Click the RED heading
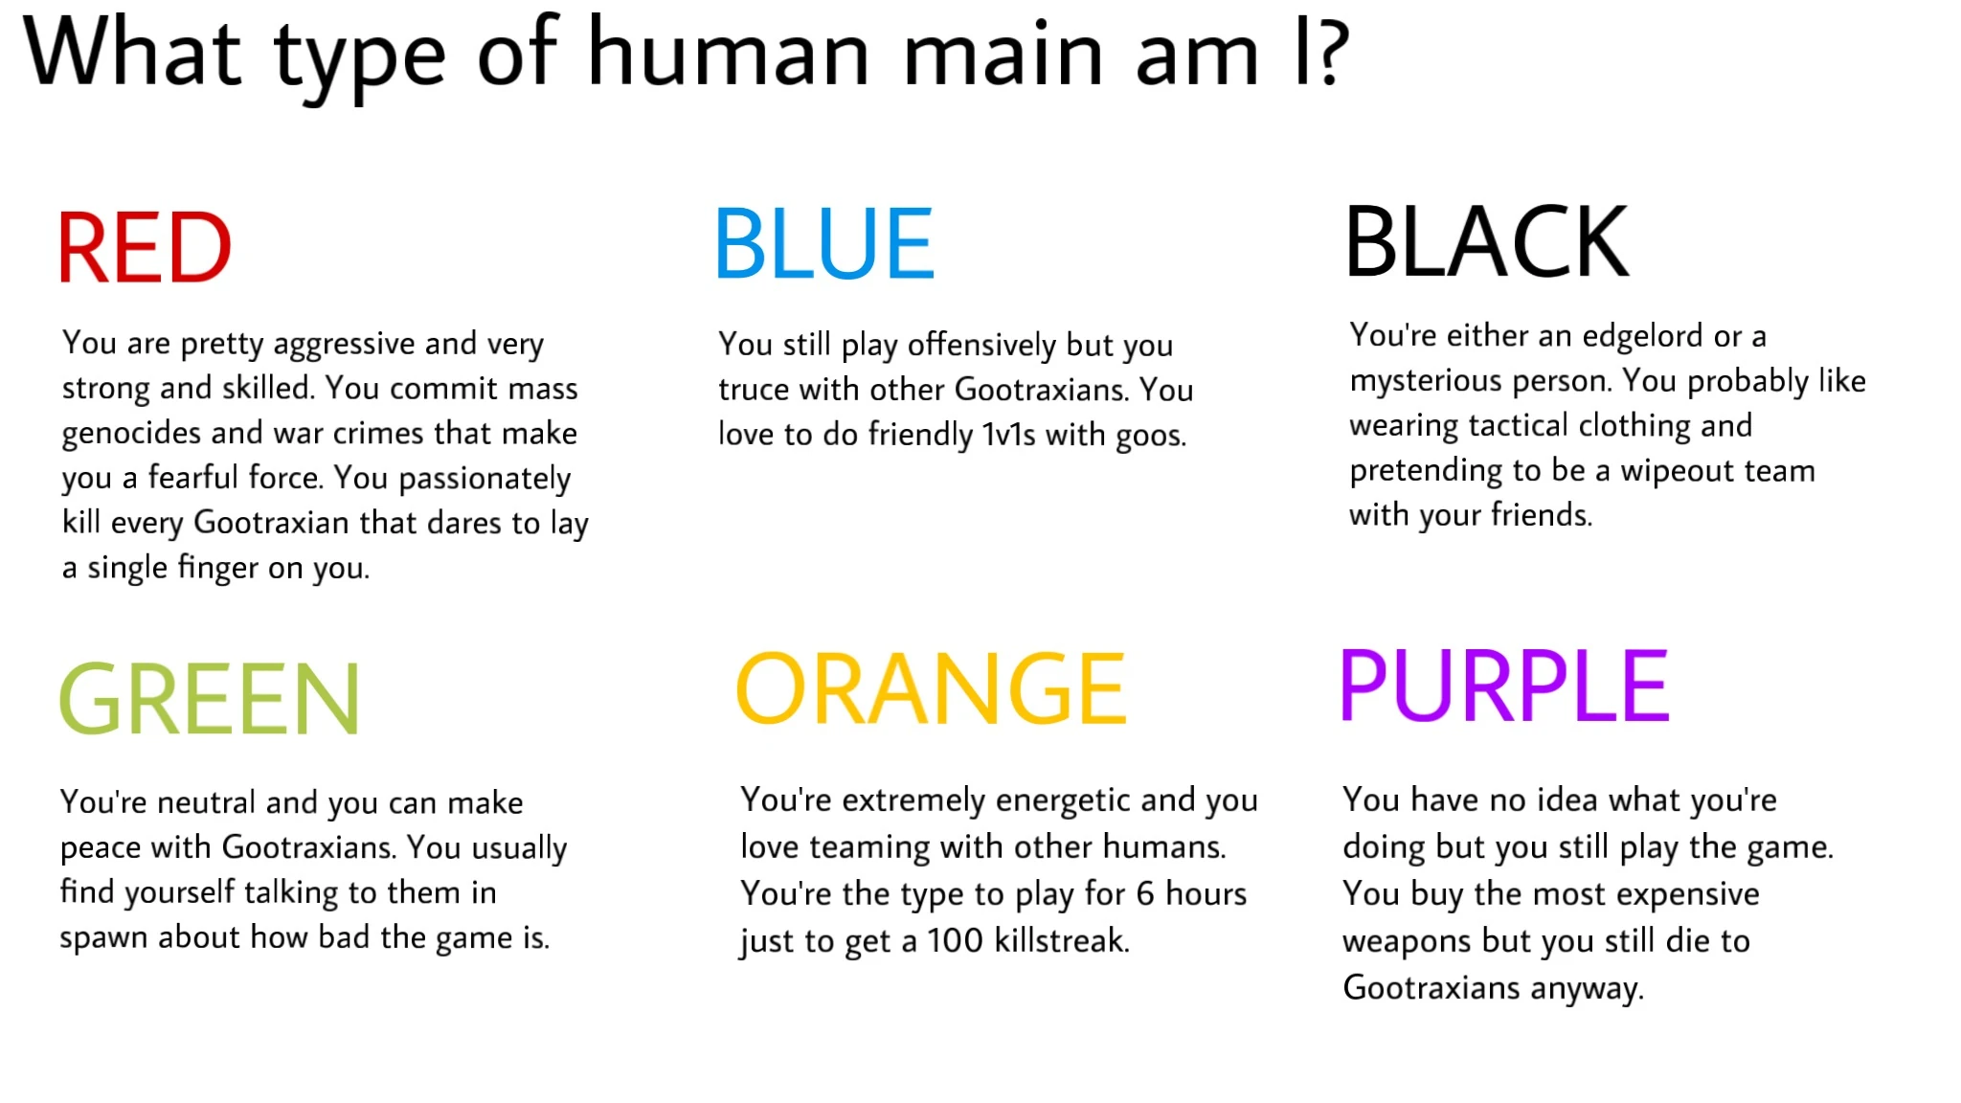point(145,248)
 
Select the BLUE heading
point(824,244)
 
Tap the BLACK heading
point(1487,242)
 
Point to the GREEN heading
point(210,700)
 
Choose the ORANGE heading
point(931,689)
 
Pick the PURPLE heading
point(1504,687)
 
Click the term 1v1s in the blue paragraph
point(1008,436)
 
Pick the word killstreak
point(1062,940)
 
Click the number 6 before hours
point(1145,893)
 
